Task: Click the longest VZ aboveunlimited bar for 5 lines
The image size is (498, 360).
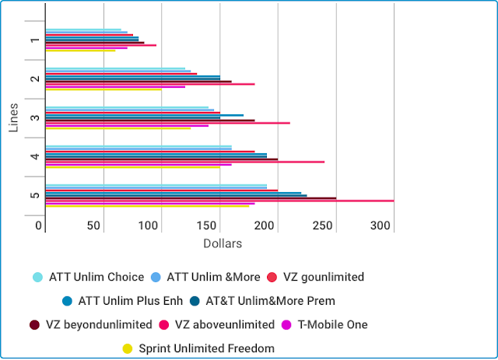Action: tap(218, 201)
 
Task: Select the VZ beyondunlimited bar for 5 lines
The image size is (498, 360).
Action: tap(191, 197)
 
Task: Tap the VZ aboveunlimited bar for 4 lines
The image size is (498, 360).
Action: tap(185, 162)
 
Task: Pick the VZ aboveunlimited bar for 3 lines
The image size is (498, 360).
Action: tap(167, 123)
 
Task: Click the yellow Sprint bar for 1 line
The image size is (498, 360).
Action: tap(80, 51)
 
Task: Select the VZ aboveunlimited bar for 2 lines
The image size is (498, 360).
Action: tap(149, 84)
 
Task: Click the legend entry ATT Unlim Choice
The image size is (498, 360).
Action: tap(96, 277)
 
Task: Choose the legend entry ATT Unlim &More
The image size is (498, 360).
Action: tap(211, 277)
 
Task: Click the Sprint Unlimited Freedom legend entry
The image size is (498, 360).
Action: tap(206, 348)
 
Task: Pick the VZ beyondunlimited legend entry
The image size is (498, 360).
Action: tap(93, 324)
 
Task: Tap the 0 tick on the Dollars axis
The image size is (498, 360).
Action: tap(40, 225)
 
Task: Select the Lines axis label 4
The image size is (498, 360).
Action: tap(34, 157)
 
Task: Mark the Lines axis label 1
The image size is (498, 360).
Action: tap(34, 40)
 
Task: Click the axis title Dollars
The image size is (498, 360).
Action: tap(223, 243)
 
